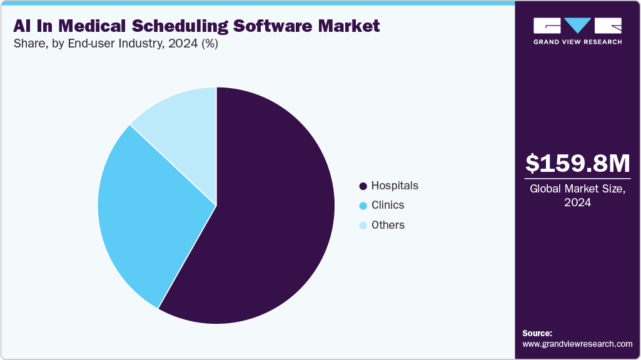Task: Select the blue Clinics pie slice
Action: point(144,212)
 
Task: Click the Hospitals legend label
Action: point(395,186)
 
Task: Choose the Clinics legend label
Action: point(388,205)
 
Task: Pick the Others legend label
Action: point(388,225)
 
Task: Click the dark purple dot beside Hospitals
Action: point(363,186)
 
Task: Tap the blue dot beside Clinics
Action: point(363,206)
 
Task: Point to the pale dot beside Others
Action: point(363,226)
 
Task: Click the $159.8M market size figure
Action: point(577,163)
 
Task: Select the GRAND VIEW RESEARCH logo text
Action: point(577,42)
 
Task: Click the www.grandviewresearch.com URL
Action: point(577,344)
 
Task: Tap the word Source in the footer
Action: point(537,333)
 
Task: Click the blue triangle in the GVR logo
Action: point(577,26)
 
